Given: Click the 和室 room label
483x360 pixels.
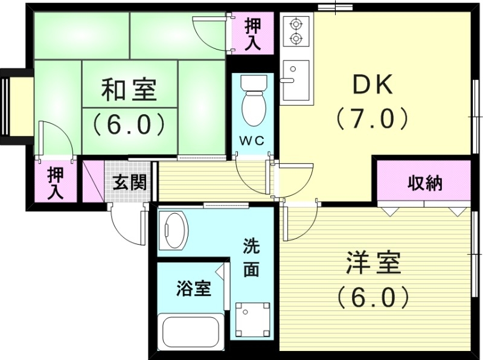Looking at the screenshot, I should tap(129, 91).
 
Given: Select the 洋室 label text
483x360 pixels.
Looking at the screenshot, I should tap(373, 264).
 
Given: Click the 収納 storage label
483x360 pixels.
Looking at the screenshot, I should tap(424, 184).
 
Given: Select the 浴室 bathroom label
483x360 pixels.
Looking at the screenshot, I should tap(193, 289).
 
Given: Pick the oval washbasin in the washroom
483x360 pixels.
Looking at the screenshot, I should tap(175, 230).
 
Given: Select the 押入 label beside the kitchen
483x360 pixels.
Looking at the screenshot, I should tap(252, 35).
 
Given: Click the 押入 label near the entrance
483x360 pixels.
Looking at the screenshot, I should tap(56, 184).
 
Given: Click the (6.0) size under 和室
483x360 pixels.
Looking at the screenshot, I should tap(129, 124).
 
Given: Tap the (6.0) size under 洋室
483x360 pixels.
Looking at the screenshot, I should tap(373, 297).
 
